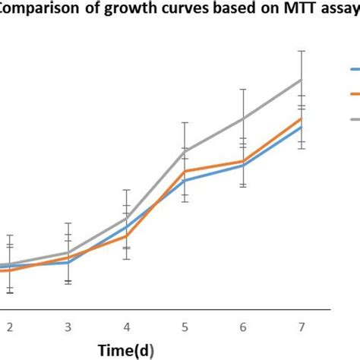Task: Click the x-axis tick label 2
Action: [x=10, y=327]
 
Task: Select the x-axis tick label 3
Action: [x=68, y=327]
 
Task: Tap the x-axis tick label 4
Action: [x=127, y=327]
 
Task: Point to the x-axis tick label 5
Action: [x=185, y=327]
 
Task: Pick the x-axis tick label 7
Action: [x=302, y=327]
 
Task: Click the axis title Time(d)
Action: [x=127, y=350]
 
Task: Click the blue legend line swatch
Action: [x=354, y=69]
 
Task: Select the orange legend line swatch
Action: [x=354, y=94]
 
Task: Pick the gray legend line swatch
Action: [x=354, y=119]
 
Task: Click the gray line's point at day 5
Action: [x=185, y=151]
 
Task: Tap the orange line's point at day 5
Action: [x=185, y=171]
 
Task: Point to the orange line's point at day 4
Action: [x=127, y=236]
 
